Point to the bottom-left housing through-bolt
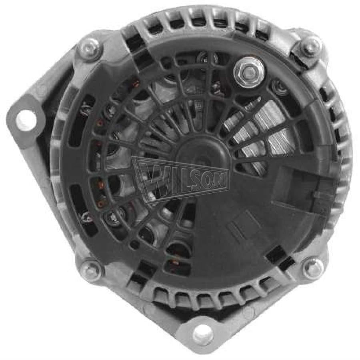click(91, 269)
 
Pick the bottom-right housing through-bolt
click(313, 267)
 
